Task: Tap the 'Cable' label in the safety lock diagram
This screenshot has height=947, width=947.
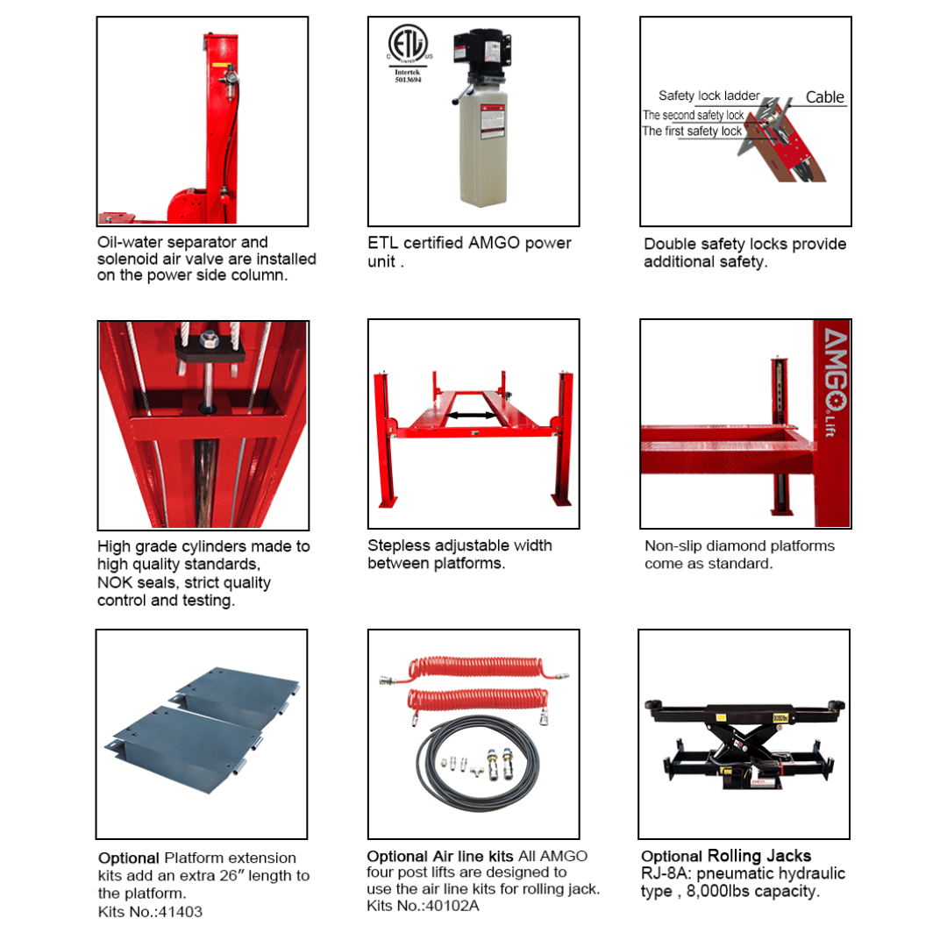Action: (824, 97)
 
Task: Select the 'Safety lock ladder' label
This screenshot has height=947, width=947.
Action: (708, 96)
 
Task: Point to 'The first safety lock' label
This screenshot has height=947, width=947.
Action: (692, 132)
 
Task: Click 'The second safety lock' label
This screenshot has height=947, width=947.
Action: (693, 115)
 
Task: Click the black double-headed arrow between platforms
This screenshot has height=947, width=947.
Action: (473, 414)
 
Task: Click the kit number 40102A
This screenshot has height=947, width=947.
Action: (453, 905)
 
